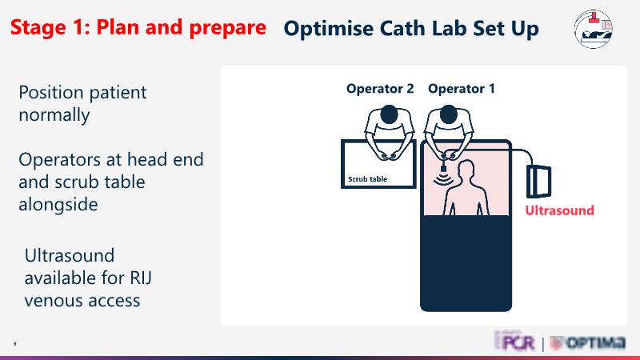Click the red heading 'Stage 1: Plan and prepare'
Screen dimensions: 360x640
click(138, 27)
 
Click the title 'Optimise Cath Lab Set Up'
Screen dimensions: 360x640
click(410, 29)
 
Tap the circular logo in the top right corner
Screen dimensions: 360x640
click(594, 30)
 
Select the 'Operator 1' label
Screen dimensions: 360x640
click(462, 89)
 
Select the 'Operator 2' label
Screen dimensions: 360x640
click(380, 89)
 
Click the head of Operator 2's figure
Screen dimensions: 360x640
click(386, 116)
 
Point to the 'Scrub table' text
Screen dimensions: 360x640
click(368, 179)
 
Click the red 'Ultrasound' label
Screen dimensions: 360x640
click(559, 210)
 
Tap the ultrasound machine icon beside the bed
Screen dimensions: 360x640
click(539, 180)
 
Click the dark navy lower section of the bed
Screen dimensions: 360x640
click(466, 264)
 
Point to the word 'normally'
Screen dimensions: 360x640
click(54, 114)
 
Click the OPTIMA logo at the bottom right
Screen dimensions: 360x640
click(588, 343)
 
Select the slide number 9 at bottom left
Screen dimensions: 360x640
click(14, 344)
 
